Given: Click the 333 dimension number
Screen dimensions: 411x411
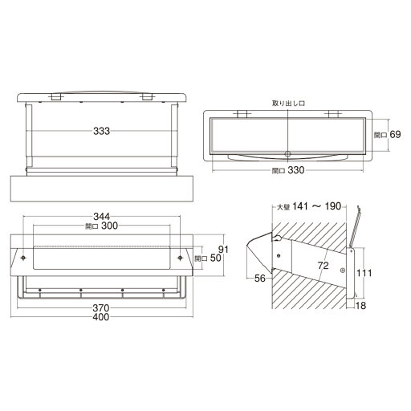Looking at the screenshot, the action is click(x=101, y=131).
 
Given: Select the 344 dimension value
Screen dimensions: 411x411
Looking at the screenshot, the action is click(x=101, y=217).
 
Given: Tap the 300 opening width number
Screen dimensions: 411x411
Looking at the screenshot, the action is click(x=110, y=226).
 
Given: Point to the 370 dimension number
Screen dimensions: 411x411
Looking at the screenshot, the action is click(x=101, y=308).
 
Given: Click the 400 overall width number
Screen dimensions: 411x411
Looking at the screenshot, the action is click(x=101, y=317).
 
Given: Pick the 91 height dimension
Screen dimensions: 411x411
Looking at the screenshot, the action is click(x=223, y=250).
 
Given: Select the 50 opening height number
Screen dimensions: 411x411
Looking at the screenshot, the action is click(x=216, y=258).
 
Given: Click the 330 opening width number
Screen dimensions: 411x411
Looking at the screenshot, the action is click(x=296, y=170).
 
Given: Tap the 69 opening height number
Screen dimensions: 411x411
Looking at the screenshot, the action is click(x=395, y=134).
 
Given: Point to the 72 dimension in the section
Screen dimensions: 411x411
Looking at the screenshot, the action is click(x=324, y=266).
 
